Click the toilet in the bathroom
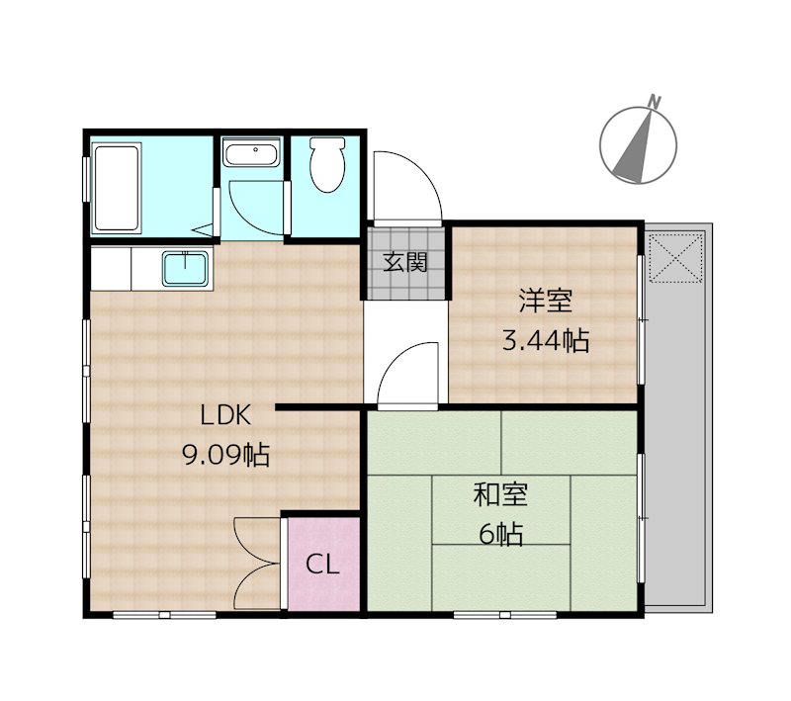[x=327, y=164]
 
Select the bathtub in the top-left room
[x=116, y=188]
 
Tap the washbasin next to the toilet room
[x=252, y=152]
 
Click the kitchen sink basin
[x=186, y=268]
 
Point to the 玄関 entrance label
[x=405, y=262]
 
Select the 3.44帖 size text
[x=546, y=340]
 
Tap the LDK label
[x=225, y=415]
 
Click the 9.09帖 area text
[x=225, y=455]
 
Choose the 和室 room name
[x=500, y=494]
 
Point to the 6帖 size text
[x=500, y=534]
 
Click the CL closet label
[x=322, y=565]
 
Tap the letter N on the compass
[x=655, y=102]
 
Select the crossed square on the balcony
[x=676, y=257]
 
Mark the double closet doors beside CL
[x=257, y=563]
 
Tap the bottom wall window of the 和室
[x=504, y=615]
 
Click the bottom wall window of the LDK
[x=164, y=615]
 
